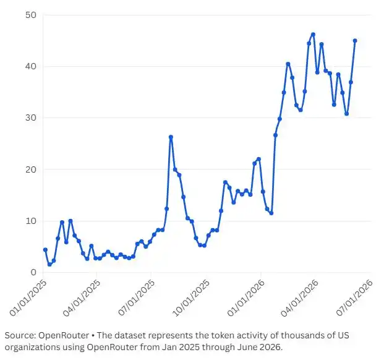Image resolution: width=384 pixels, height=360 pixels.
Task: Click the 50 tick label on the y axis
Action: [x=31, y=15]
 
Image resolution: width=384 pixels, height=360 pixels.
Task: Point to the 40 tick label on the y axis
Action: [x=31, y=66]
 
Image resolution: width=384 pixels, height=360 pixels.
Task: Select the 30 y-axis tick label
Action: [x=31, y=118]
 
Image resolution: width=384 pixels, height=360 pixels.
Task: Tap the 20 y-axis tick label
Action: [x=31, y=169]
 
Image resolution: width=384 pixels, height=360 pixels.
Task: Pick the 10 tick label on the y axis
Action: [x=31, y=221]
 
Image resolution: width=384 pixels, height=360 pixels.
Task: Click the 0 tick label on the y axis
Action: [x=33, y=272]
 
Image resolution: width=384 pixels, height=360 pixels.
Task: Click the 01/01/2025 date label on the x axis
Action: [x=28, y=298]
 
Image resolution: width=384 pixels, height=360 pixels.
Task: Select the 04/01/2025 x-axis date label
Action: [x=82, y=298]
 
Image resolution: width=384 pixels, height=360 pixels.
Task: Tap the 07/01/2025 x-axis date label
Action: [x=137, y=298]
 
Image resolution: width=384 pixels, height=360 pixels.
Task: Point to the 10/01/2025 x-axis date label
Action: [x=191, y=298]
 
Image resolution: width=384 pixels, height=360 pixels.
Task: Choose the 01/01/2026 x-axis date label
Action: [x=246, y=298]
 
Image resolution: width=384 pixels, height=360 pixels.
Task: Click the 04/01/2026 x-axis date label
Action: [x=300, y=298]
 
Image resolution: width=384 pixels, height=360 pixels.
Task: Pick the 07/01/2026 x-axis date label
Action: [x=354, y=298]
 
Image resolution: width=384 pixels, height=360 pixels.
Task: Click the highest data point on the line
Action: [x=313, y=34]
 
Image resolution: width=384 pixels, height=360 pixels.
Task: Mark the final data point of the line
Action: [x=355, y=41]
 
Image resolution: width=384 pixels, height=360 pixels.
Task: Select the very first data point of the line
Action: [x=45, y=249]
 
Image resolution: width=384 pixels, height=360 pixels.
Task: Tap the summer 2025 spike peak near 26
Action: [x=171, y=137]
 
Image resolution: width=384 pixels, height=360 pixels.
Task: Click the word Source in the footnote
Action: [x=20, y=335]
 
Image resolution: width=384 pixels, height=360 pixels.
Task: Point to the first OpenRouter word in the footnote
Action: [x=64, y=336]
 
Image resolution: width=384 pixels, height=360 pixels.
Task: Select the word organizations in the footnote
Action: [x=32, y=347]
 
